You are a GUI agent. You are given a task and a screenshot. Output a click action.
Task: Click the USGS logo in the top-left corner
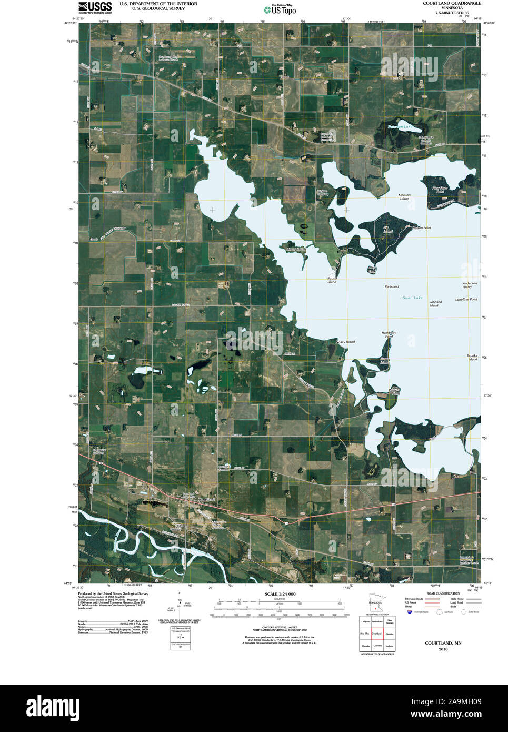(x=95, y=7)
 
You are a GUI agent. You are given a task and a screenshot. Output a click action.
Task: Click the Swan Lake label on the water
(x=412, y=298)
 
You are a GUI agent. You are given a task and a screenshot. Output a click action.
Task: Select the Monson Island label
(x=404, y=197)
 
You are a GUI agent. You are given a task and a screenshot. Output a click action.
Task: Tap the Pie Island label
(x=391, y=286)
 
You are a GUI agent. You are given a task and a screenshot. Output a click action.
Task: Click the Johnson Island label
(x=435, y=304)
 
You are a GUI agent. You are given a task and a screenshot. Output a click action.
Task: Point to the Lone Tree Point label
(x=466, y=299)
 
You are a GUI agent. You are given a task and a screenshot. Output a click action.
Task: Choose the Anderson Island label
(x=469, y=285)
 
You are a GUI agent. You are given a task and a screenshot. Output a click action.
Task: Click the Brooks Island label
(x=472, y=357)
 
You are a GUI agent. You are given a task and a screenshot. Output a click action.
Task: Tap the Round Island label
(x=332, y=280)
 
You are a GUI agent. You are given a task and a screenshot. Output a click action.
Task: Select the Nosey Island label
(x=345, y=342)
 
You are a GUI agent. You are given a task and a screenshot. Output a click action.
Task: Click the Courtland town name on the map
(x=206, y=499)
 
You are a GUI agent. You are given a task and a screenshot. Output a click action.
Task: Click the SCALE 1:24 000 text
(x=280, y=594)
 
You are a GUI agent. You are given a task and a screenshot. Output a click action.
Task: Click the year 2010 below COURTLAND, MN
(x=443, y=649)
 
